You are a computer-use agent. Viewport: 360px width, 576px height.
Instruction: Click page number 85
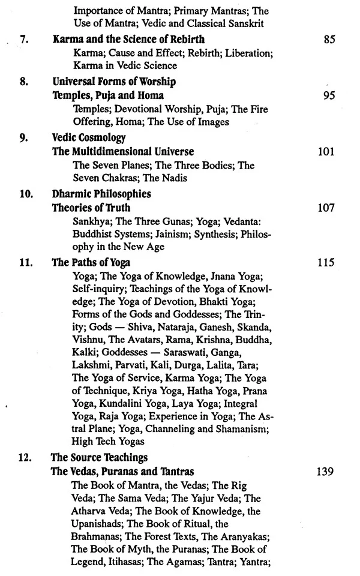point(328,41)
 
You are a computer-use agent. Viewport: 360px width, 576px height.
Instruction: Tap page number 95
point(328,95)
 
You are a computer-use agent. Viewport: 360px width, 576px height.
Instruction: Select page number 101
point(326,151)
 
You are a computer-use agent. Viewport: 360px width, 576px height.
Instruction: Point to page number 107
point(326,208)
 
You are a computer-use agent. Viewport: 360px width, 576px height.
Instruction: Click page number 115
point(326,262)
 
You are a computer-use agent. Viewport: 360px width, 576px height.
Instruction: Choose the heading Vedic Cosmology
point(89,137)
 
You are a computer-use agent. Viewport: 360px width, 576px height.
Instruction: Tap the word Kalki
point(84,356)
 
